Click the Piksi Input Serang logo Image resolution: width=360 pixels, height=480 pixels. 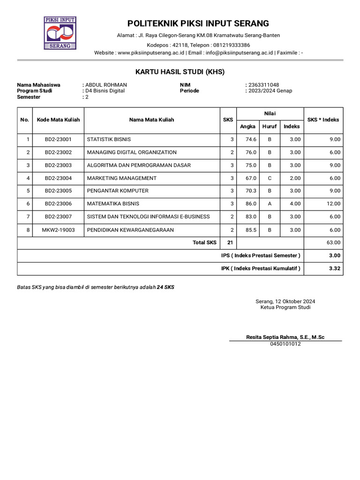pyautogui.click(x=60, y=33)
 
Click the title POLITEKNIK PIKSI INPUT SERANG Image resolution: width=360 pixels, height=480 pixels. pyautogui.click(x=198, y=23)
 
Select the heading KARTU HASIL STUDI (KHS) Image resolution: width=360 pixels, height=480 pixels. pyautogui.click(x=180, y=72)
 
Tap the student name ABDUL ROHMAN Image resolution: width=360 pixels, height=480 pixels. pyautogui.click(x=106, y=85)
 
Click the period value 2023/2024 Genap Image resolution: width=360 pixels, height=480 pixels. pyautogui.click(x=270, y=91)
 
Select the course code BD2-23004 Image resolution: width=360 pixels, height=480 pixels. pyautogui.click(x=58, y=178)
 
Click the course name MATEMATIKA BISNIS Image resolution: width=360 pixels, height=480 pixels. pyautogui.click(x=113, y=204)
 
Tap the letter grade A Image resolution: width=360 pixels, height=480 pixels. pyautogui.click(x=270, y=204)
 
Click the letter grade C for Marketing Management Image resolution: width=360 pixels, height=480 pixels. pyautogui.click(x=270, y=178)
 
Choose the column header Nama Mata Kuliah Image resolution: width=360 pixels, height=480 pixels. pyautogui.click(x=151, y=120)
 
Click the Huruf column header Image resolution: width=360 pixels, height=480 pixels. pyautogui.click(x=270, y=127)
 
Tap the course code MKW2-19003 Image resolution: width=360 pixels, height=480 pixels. pyautogui.click(x=58, y=230)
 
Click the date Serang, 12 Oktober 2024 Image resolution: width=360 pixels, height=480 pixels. pyautogui.click(x=285, y=301)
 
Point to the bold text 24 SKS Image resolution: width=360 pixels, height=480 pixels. pyautogui.click(x=165, y=287)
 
